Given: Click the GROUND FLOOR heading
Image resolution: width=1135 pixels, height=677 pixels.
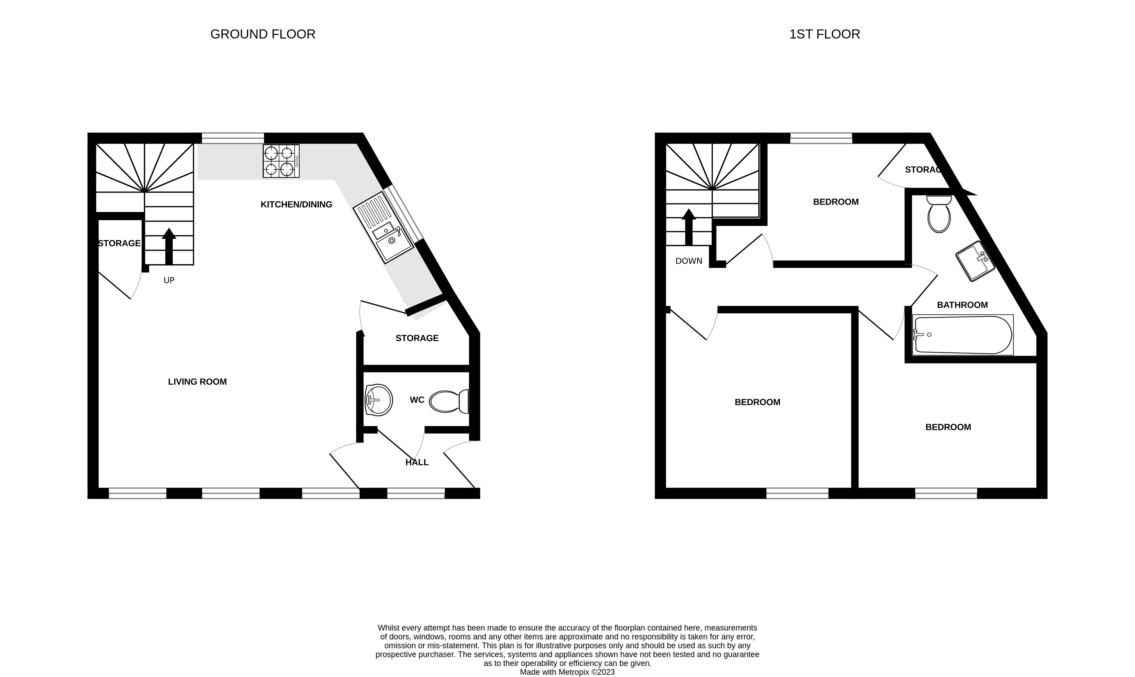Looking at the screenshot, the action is pos(262,34).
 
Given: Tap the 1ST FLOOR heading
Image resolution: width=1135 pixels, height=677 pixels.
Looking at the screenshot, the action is pos(824,34).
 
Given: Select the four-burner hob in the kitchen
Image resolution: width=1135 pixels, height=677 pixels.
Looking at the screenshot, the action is pos(281,161).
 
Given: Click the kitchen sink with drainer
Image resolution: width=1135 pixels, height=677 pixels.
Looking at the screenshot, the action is pos(384,228).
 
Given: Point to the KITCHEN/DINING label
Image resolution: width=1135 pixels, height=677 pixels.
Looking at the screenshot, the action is pos(296,204).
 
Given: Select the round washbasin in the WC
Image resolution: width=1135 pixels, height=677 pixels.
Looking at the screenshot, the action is pos(378,400).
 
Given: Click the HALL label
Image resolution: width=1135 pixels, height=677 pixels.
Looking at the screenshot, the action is pos(417,463).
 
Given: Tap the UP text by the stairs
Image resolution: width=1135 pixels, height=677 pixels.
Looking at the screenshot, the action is pos(169,280).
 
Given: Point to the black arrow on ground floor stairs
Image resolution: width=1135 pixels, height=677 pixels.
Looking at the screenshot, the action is pos(169,246).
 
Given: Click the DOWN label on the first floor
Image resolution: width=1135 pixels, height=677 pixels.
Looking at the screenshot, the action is pos(689,261).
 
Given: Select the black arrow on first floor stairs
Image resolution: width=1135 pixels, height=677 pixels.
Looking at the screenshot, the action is pos(689,227).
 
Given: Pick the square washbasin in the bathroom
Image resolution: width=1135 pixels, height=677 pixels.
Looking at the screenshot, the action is pos(975,261).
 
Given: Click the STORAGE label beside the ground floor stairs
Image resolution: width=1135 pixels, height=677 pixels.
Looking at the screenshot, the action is pos(119,244).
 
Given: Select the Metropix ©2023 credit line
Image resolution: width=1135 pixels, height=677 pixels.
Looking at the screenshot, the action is pos(567,672).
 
